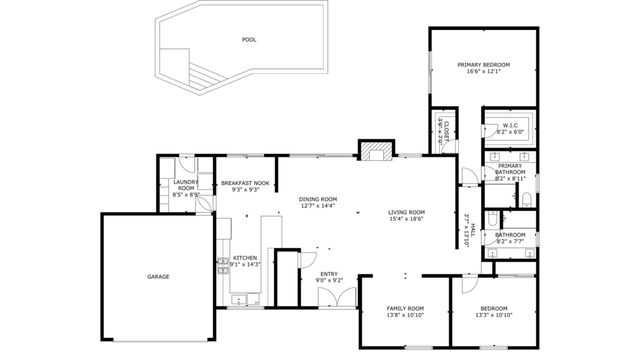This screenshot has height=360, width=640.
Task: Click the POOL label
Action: point(249,40)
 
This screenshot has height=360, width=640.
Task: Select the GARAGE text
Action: point(158,276)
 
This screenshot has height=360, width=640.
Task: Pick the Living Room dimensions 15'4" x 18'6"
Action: point(407,219)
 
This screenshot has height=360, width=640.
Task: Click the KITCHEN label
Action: point(246,258)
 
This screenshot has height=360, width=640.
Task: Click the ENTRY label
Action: point(329,274)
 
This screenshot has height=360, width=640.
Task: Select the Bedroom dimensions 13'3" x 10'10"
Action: point(493,315)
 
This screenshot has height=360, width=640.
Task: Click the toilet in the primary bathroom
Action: point(525,200)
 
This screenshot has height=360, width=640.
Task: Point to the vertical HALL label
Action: point(467,232)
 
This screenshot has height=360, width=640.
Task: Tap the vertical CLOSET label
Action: point(441,130)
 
